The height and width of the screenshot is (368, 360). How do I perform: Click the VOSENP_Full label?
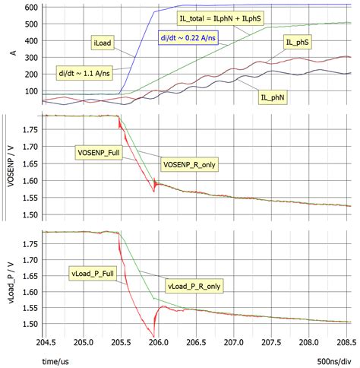(x=101, y=152)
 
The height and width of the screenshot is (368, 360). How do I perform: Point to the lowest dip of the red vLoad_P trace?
(x=154, y=336)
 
